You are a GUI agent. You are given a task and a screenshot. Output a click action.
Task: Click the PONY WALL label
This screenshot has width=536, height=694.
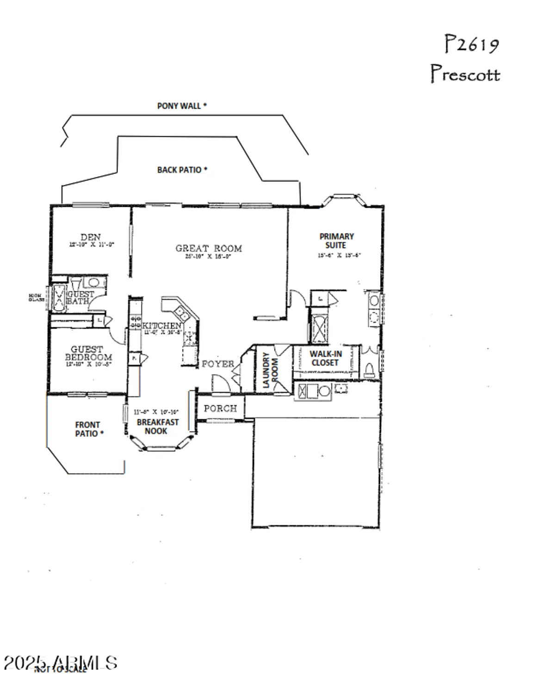pyautogui.click(x=182, y=106)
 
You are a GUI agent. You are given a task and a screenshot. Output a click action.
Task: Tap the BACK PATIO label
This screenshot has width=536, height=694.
pyautogui.click(x=182, y=170)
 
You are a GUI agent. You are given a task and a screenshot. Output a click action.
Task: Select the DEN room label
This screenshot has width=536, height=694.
pyautogui.click(x=91, y=237)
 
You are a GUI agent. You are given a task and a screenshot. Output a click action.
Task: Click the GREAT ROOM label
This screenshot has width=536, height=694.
pyautogui.click(x=209, y=248)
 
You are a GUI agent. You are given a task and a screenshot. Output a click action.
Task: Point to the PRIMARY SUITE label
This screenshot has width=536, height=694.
pyautogui.click(x=337, y=241)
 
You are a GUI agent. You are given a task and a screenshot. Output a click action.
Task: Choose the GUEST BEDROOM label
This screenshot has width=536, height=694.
pyautogui.click(x=88, y=353)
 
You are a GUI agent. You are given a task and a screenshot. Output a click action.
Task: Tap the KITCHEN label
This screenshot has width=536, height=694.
pyautogui.click(x=161, y=326)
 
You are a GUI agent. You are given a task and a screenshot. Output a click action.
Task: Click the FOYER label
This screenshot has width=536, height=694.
pyautogui.click(x=218, y=364)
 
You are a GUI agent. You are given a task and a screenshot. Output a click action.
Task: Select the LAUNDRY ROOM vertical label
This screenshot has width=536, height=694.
pyautogui.click(x=270, y=370)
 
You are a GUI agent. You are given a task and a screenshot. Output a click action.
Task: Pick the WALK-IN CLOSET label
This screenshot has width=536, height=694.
pyautogui.click(x=326, y=359)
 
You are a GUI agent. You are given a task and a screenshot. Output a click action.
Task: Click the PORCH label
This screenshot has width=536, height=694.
pyautogui.click(x=220, y=409)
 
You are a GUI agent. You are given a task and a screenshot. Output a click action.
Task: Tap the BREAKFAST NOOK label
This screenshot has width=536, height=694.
pyautogui.click(x=157, y=427)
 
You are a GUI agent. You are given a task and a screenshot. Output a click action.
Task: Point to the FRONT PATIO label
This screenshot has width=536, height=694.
pyautogui.click(x=88, y=429)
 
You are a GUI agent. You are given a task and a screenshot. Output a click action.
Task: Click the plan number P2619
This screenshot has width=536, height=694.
pyautogui.click(x=471, y=44)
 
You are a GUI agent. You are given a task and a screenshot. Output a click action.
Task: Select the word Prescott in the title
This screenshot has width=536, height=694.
pyautogui.click(x=465, y=74)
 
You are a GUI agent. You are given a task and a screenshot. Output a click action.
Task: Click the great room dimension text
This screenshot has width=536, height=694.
pyautogui.click(x=208, y=257)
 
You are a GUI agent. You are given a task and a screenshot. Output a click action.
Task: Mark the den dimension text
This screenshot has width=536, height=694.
pyautogui.click(x=91, y=245)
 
